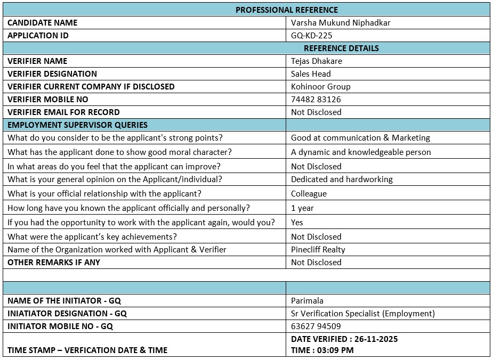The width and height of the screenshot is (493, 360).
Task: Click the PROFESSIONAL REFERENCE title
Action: pos(287,10)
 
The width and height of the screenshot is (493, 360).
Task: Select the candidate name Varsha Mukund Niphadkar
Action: pos(341,22)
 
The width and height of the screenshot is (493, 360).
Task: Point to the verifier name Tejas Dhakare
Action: pos(317,61)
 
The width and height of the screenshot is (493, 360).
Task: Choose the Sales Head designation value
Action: pos(311,73)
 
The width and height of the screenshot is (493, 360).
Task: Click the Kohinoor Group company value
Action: pos(320,86)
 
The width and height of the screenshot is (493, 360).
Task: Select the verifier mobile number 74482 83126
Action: pos(316,99)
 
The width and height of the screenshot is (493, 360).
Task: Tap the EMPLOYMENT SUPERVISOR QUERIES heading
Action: pos(78,125)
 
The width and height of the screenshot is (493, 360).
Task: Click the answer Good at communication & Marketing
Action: pos(360,137)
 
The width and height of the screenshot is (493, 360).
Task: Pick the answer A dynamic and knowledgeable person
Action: pos(361,152)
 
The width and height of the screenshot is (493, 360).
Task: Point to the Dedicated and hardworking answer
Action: pos(342,179)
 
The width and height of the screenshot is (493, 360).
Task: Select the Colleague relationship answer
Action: pos(309,193)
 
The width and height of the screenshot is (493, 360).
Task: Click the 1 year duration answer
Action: pos(302,208)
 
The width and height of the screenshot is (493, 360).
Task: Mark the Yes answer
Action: pos(297,222)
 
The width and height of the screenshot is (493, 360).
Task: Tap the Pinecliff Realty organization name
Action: pos(318,249)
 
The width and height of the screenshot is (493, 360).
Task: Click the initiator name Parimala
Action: pos(307,300)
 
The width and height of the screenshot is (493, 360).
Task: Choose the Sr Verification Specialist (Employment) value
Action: pos(363,313)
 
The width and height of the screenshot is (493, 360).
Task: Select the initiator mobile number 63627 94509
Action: pos(316,326)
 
